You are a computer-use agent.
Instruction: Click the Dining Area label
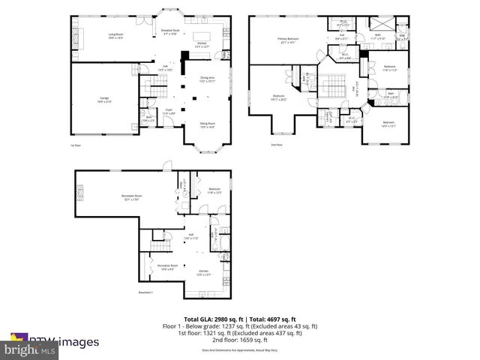[207, 79]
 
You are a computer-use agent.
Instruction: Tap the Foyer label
[170, 112]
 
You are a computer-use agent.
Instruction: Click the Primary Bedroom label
[287, 40]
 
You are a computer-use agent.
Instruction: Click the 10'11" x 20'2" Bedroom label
[278, 97]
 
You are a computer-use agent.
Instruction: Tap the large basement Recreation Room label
[132, 198]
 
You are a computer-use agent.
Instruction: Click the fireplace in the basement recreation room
[83, 196]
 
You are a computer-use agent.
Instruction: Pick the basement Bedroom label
[214, 190]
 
